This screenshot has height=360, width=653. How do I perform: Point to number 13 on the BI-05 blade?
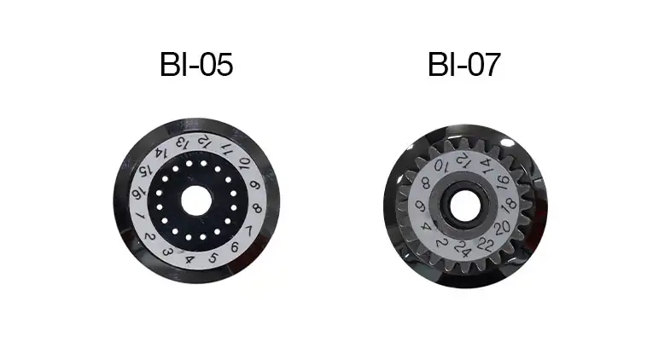coord(181,143)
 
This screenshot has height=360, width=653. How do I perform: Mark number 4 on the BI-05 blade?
coord(189,258)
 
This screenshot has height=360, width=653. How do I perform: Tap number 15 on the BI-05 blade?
coord(145,171)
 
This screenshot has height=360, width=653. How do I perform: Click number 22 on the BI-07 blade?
coord(488,243)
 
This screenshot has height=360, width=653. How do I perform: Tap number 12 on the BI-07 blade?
coord(462,159)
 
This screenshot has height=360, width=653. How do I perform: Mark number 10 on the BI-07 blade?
coord(440,165)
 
